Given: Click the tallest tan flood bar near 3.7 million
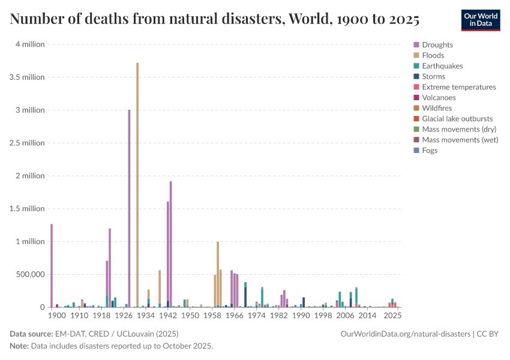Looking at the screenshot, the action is click(137, 185).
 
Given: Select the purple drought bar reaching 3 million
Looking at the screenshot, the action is click(129, 208).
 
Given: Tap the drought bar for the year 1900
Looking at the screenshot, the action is click(52, 266).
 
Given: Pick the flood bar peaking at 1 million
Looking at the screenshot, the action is click(218, 274).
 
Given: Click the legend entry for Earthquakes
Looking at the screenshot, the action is click(438, 66).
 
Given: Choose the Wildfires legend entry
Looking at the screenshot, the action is click(433, 108).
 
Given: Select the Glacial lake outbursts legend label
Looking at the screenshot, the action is click(457, 119).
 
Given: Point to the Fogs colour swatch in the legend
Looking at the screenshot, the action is click(416, 150).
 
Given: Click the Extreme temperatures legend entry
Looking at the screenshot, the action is click(455, 87).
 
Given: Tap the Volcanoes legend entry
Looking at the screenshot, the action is click(435, 98).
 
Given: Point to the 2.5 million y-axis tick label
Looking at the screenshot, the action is click(27, 143).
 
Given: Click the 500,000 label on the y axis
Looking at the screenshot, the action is click(30, 274).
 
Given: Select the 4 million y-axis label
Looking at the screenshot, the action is click(30, 44).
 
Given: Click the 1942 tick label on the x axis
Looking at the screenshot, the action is click(168, 316).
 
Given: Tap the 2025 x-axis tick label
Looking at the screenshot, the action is click(392, 316).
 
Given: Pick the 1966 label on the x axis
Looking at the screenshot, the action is click(235, 316).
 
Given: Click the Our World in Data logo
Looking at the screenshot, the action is click(481, 20).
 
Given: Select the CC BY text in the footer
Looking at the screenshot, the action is click(487, 334).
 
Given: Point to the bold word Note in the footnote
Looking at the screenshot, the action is click(20, 346).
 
